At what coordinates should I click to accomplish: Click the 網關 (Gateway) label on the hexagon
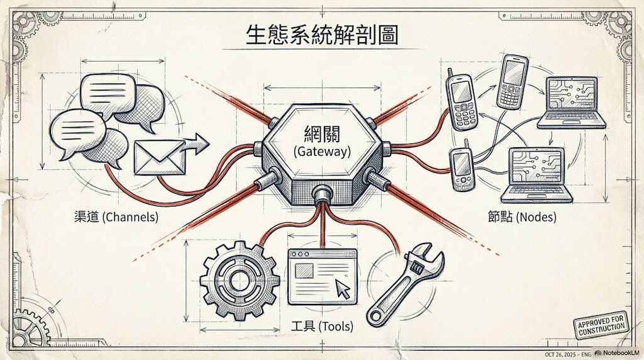322,142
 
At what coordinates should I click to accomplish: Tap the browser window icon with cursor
321,274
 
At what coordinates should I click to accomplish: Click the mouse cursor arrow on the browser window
343,290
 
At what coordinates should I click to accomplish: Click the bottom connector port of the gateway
322,193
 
